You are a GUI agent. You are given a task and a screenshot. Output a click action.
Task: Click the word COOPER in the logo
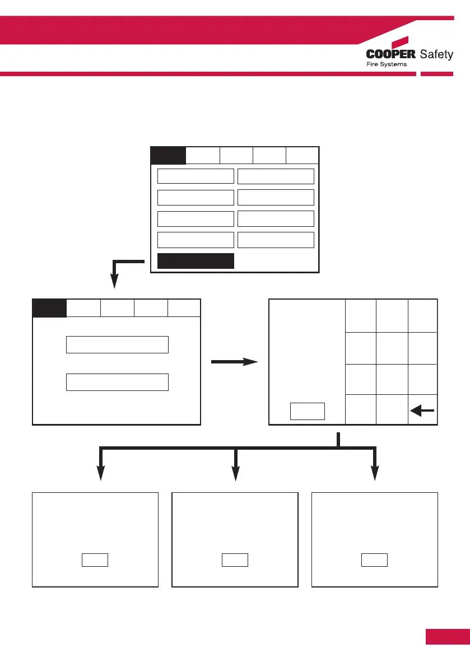point(390,54)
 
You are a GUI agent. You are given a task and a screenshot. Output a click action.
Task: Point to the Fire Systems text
point(387,64)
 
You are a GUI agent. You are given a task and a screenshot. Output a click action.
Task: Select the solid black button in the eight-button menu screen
point(196,261)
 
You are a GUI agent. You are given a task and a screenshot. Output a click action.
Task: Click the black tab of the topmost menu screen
point(168,155)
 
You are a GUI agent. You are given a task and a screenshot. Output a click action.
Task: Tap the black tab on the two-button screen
point(49,309)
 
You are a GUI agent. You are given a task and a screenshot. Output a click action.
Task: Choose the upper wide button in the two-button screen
point(117,345)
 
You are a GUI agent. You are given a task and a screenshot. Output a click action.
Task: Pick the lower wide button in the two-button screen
point(117,381)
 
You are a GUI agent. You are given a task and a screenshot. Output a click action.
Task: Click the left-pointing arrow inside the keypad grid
point(422,411)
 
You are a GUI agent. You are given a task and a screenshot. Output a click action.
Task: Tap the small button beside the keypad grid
point(308,411)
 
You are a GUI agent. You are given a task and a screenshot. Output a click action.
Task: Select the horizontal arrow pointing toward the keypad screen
point(235,362)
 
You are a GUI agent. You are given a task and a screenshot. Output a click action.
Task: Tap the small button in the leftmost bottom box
point(95,560)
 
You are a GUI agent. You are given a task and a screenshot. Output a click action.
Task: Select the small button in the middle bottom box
point(235,560)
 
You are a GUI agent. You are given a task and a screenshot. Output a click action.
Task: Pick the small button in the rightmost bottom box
point(374,560)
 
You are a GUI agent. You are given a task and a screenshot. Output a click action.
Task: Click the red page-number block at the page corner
point(447,637)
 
